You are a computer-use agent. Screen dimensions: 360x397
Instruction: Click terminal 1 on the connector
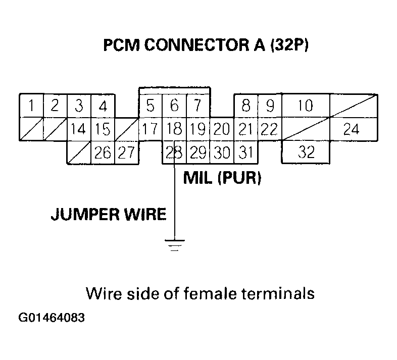31,106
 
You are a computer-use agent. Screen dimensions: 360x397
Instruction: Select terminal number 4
103,106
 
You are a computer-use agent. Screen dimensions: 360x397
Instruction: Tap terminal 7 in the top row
198,106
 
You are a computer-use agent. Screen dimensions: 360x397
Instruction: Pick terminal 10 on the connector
305,106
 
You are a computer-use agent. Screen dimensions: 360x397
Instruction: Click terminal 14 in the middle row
78,129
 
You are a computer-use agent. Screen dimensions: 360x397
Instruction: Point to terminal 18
174,129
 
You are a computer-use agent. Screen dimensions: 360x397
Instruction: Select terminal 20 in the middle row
221,129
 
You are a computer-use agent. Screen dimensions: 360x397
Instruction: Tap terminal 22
269,129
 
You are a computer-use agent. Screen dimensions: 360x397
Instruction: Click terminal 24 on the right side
351,129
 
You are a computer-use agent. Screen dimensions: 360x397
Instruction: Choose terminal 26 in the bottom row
103,152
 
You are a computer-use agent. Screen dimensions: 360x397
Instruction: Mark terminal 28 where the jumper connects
174,152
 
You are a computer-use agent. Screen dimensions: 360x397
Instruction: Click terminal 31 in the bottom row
245,152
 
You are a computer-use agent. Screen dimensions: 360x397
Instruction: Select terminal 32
305,152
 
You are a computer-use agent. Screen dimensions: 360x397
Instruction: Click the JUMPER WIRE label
108,215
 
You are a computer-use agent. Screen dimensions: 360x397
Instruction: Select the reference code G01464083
52,319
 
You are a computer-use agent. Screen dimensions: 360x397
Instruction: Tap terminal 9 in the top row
270,106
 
